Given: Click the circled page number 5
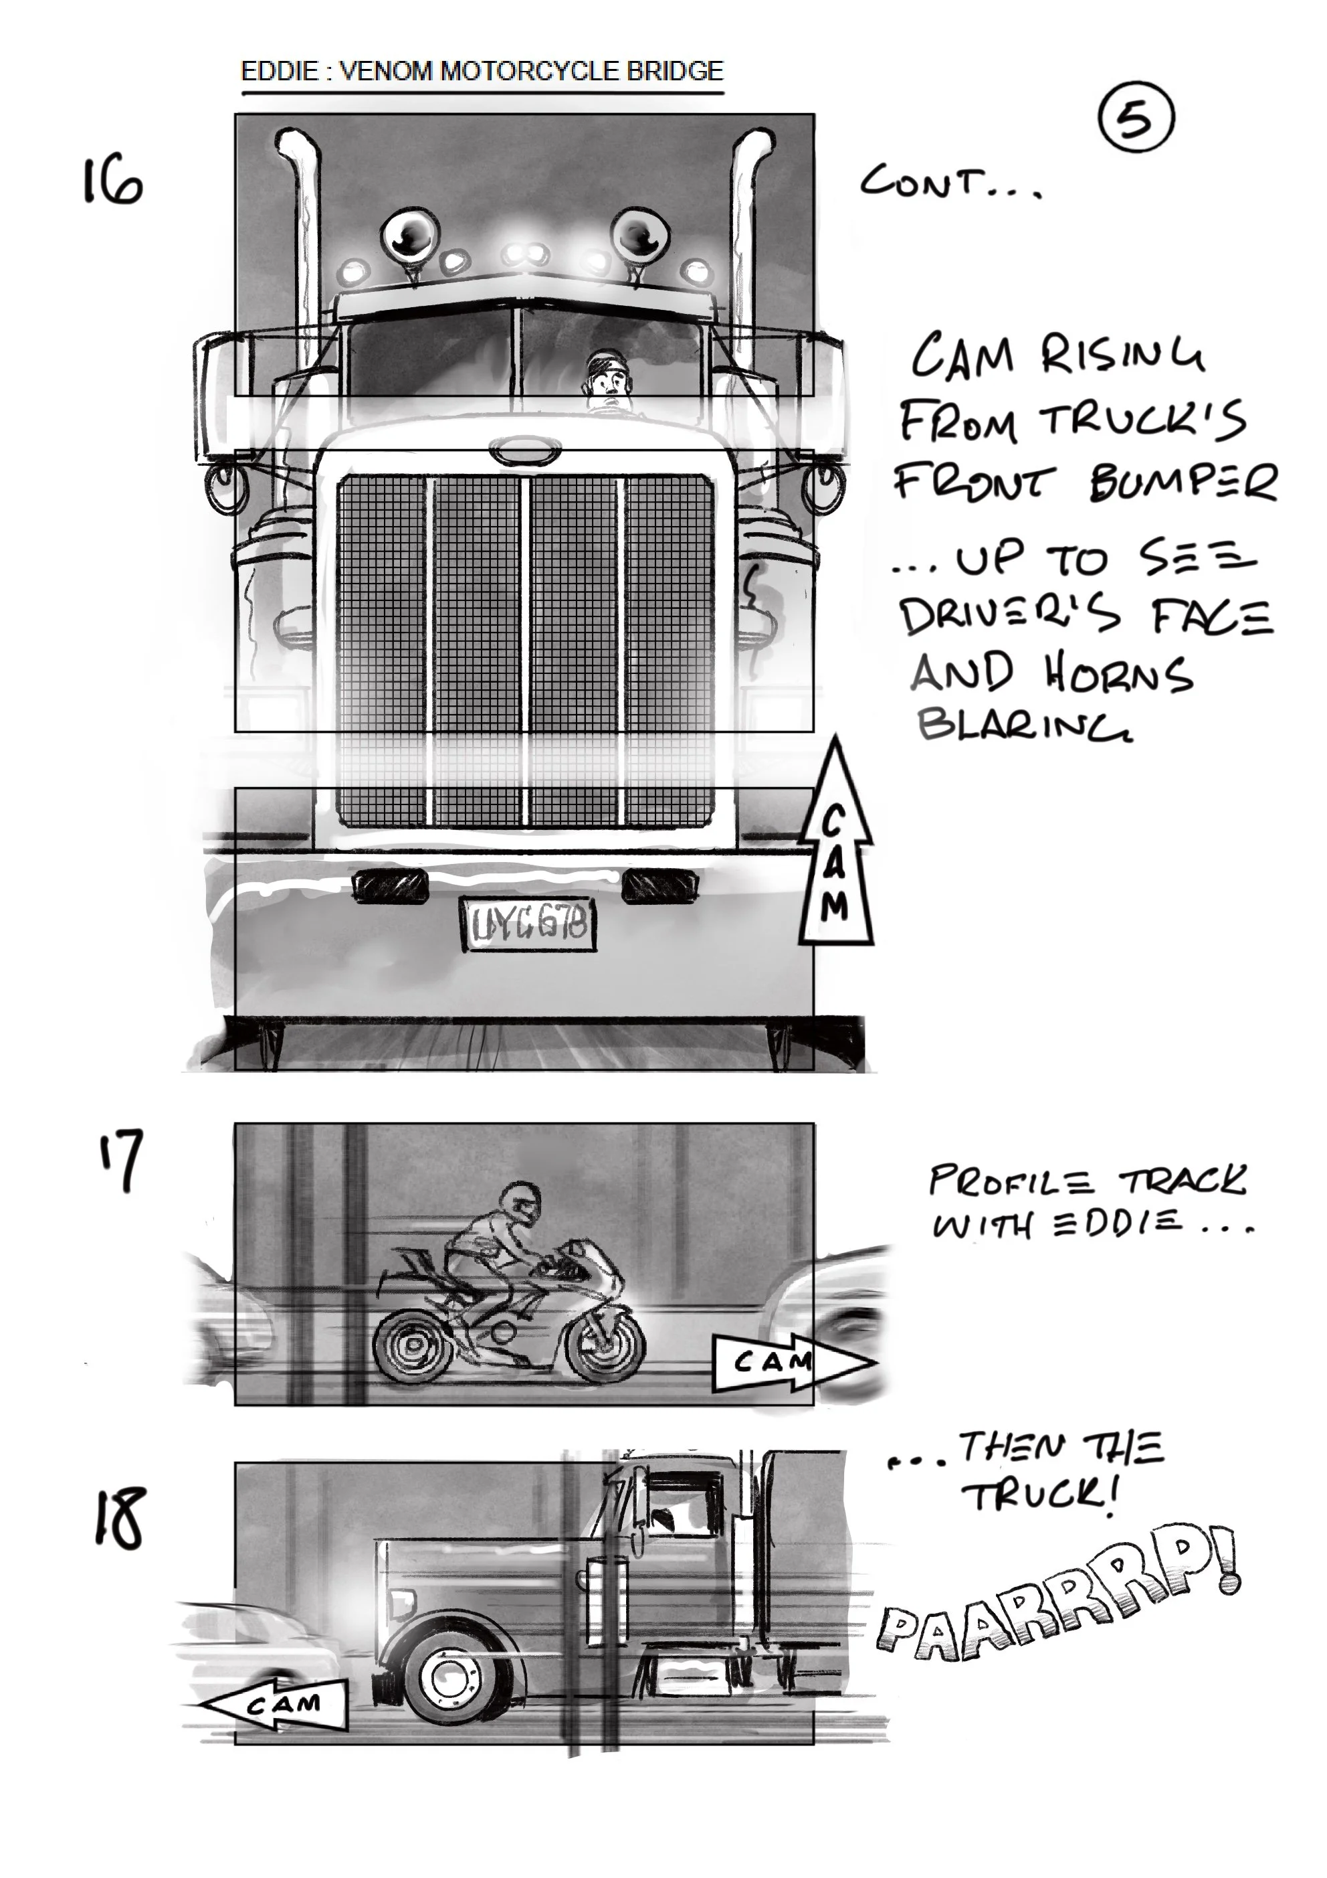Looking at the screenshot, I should click(1135, 119).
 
